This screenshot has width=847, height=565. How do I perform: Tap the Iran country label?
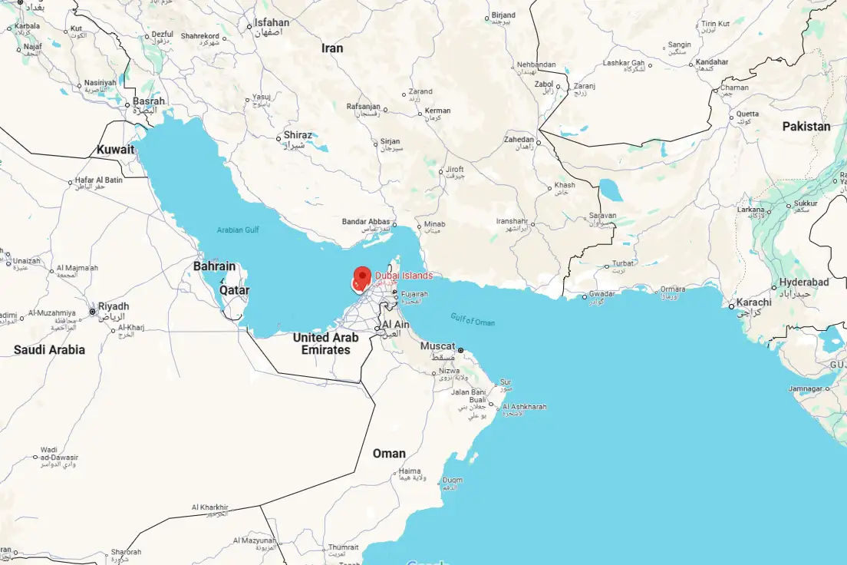click(332, 48)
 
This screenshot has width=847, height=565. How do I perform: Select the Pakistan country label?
click(806, 127)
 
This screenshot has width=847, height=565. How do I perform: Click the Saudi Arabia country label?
click(49, 350)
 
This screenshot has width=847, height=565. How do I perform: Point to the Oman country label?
click(389, 454)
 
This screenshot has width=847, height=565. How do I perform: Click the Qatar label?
click(234, 291)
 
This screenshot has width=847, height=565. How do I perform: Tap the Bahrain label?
click(214, 266)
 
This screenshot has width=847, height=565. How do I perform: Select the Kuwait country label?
click(115, 150)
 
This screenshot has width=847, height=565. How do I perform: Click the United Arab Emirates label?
click(326, 344)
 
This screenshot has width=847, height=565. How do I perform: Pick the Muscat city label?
click(437, 346)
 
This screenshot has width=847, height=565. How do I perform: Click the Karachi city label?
click(753, 302)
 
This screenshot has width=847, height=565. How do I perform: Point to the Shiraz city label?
click(298, 135)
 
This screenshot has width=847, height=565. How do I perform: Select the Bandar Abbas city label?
click(366, 222)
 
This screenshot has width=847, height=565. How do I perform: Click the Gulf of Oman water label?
click(473, 321)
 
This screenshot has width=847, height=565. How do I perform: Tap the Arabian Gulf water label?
click(239, 230)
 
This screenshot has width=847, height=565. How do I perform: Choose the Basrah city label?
click(149, 101)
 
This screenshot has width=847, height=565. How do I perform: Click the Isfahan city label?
click(272, 23)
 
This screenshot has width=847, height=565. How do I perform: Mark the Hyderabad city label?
click(804, 282)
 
